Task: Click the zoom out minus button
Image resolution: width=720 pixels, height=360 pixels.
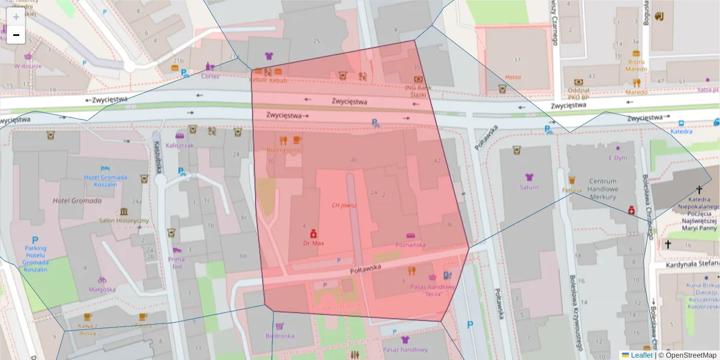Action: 16,35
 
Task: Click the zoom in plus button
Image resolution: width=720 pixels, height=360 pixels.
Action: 16,17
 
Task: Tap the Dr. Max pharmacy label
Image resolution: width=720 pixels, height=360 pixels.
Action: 313,244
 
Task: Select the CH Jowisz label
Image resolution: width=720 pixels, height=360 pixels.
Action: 344,205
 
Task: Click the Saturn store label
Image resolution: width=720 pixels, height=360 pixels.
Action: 529,187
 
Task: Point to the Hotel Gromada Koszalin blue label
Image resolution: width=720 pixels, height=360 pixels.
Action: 106,181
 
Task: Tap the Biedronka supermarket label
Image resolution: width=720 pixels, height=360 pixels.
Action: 280,336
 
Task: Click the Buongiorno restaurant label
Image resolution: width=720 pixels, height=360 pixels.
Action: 283,151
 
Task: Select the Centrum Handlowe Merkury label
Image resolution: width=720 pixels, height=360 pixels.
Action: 602,189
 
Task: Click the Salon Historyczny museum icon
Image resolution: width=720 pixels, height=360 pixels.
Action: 124,212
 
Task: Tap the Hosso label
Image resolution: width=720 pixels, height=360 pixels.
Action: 513,77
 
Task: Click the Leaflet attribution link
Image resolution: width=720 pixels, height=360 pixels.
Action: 641,355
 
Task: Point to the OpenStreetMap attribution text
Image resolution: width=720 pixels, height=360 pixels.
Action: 687,355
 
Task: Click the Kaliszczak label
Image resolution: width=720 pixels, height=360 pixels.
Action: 180,145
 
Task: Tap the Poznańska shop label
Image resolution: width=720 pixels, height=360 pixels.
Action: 410,245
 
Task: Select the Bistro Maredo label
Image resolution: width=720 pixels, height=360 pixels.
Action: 637,65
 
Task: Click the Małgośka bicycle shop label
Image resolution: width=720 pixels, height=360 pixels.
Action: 102,289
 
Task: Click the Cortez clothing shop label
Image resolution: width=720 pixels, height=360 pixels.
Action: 210,76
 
